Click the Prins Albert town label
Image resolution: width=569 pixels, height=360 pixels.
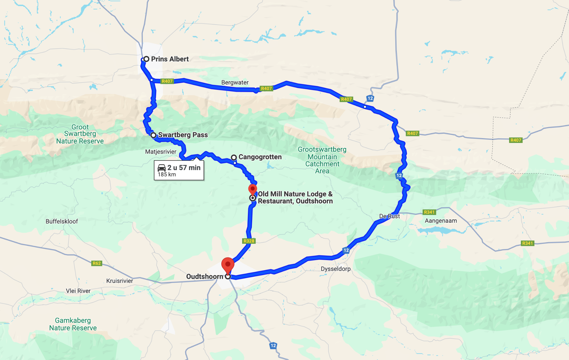[170, 59]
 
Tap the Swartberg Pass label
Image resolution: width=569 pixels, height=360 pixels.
[183, 135]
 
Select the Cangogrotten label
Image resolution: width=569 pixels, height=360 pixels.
[260, 157]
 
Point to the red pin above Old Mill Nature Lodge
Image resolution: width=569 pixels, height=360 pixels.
[252, 189]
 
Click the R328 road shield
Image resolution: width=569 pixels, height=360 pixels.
[249, 241]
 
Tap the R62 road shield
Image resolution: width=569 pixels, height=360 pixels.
[97, 263]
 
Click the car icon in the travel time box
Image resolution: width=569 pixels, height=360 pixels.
[162, 168]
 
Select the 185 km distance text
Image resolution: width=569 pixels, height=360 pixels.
[167, 175]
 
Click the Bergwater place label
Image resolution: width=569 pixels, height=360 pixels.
[235, 82]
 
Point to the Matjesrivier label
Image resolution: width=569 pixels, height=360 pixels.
[161, 152]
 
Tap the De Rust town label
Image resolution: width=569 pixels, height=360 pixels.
[389, 216]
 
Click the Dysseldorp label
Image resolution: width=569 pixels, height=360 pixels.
[335, 269]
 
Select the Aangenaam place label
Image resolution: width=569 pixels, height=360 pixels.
[441, 221]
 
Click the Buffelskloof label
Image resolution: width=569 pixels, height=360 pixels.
[62, 221]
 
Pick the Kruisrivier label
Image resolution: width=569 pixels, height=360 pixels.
[119, 281]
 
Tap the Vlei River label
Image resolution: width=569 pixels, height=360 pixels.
[78, 291]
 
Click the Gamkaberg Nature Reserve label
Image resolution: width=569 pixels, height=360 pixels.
[73, 324]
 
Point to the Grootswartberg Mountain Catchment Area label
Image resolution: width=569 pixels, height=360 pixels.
[322, 160]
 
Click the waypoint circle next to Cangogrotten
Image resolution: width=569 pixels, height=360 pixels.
[234, 157]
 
